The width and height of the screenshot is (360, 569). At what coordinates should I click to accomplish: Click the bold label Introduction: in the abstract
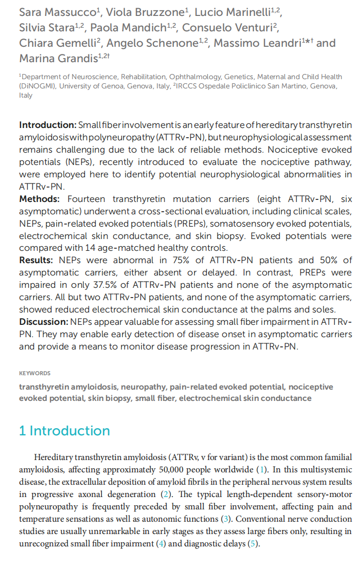coord(47,125)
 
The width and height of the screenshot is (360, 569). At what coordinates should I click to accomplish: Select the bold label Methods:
coord(39,199)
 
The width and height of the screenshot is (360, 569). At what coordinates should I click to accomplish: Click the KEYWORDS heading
coord(35,373)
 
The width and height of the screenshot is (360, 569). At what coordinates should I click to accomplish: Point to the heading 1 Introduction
coord(64,431)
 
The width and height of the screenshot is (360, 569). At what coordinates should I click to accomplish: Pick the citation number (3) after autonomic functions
coord(227,519)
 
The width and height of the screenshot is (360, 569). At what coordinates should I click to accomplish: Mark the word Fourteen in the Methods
coord(87,199)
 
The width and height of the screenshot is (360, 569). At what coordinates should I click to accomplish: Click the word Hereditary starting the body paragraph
coord(53,457)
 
